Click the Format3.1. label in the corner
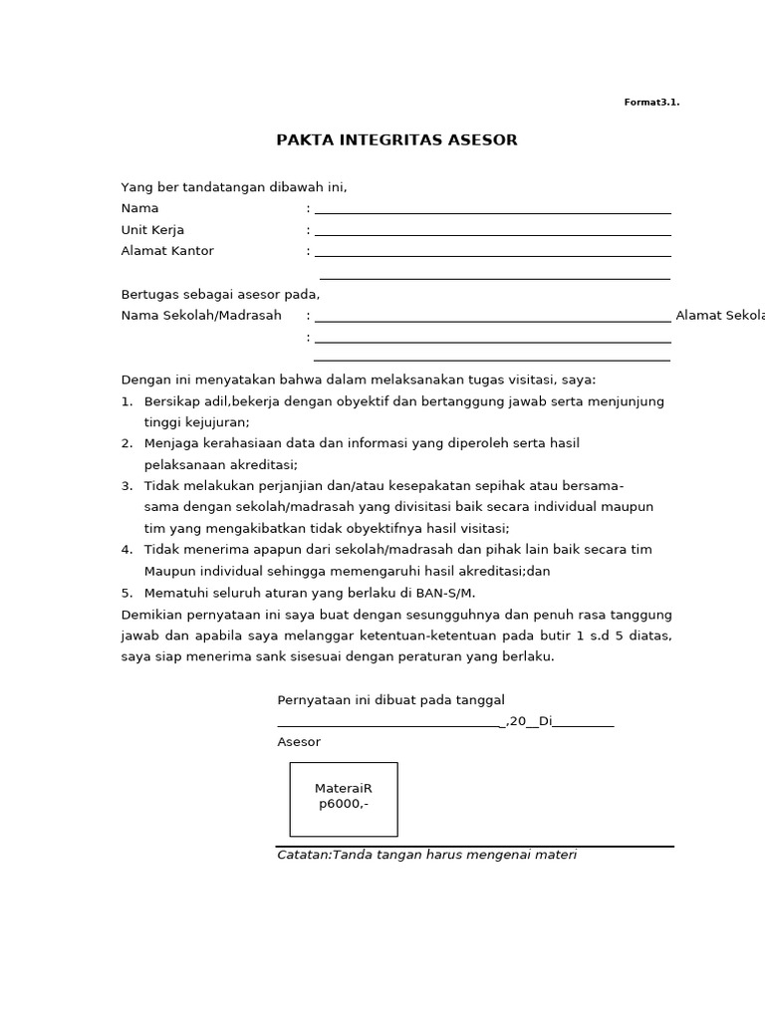651,103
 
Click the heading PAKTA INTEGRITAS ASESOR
396,140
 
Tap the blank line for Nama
492,210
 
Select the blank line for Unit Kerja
492,232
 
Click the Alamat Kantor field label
167,251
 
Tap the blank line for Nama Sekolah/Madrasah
492,319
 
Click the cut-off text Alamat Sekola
719,316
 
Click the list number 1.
127,401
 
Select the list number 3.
127,485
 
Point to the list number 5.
127,593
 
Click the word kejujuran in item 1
212,422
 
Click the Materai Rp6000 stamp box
344,799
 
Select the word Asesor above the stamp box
299,742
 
